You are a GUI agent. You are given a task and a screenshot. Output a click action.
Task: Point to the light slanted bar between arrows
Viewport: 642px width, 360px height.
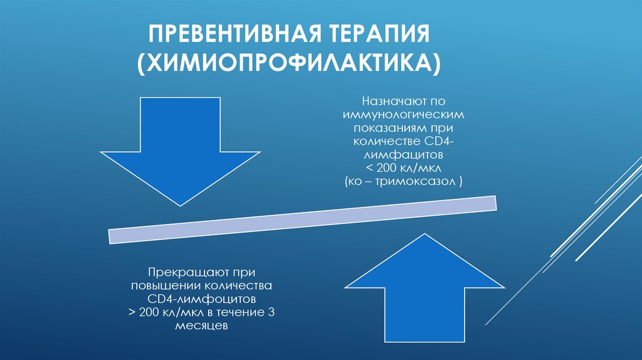pos(303,220)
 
